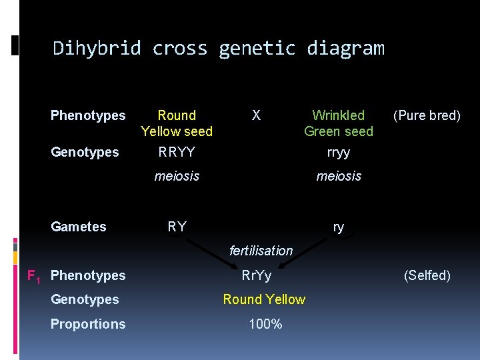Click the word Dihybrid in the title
[97, 49]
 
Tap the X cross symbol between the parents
[256, 115]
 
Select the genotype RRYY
[177, 152]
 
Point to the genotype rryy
[339, 152]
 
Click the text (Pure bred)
[427, 115]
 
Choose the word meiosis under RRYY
[177, 176]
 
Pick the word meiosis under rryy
[339, 176]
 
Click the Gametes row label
[79, 227]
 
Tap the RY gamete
[177, 227]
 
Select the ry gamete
[339, 227]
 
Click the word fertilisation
[261, 251]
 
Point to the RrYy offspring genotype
[257, 275]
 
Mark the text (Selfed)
[427, 275]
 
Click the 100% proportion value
[265, 324]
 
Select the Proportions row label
[88, 324]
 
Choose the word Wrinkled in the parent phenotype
[339, 115]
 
